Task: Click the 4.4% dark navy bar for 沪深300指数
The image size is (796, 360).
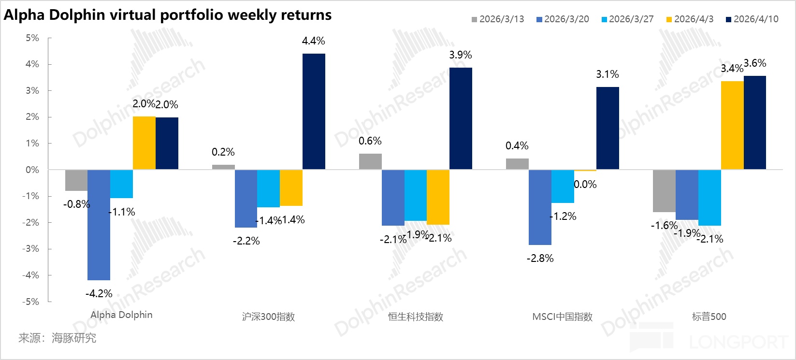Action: click(x=314, y=111)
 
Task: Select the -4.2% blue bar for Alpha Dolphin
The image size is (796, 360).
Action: click(x=99, y=225)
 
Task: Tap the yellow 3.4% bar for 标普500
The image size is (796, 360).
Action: click(x=732, y=125)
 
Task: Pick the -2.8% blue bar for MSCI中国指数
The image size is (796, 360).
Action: click(x=540, y=207)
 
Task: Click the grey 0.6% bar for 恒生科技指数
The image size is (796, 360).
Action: click(x=370, y=161)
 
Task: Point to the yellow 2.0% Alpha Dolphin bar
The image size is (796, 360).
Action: click(x=144, y=143)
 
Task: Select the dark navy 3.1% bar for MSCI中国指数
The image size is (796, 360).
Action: click(x=608, y=128)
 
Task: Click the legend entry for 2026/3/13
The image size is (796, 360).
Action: click(x=498, y=19)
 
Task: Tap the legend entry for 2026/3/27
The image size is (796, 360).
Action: click(x=627, y=19)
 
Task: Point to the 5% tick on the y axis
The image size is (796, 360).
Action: click(x=32, y=38)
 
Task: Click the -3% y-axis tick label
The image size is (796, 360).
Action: click(x=31, y=249)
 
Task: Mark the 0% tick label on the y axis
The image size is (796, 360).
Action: click(x=32, y=170)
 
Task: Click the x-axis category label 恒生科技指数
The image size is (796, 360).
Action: click(x=416, y=317)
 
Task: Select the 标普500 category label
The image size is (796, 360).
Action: click(x=709, y=317)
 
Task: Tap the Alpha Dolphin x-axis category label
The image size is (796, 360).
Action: click(x=121, y=315)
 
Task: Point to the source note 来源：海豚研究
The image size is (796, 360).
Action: click(x=57, y=338)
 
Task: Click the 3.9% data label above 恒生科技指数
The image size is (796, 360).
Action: click(x=460, y=55)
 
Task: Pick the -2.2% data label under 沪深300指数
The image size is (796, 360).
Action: click(x=246, y=241)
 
